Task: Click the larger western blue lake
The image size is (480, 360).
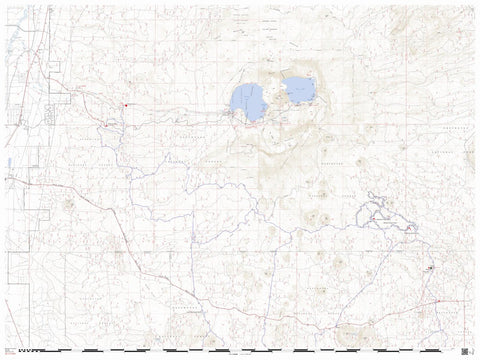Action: pyautogui.click(x=248, y=101)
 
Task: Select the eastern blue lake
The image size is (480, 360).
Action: pyautogui.click(x=299, y=90)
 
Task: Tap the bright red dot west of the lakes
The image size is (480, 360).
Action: pyautogui.click(x=125, y=105)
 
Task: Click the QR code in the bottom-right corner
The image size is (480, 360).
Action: pyautogui.click(x=465, y=350)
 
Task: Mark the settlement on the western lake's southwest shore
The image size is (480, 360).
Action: pyautogui.click(x=233, y=113)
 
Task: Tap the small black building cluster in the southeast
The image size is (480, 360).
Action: pyautogui.click(x=430, y=269)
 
